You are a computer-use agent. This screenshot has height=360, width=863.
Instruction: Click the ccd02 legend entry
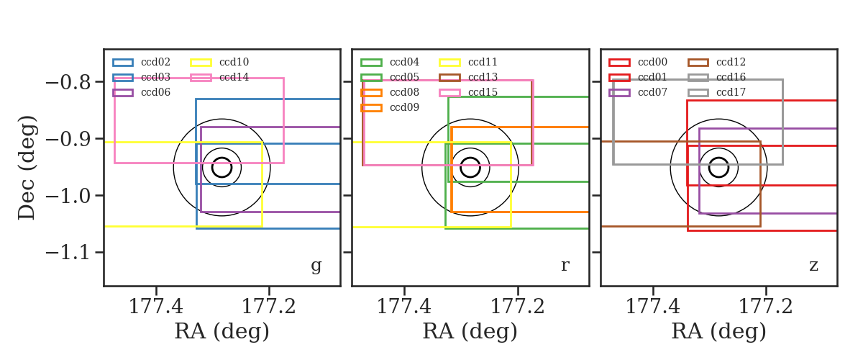(142, 62)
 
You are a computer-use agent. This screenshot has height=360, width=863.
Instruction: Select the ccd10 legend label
(234, 62)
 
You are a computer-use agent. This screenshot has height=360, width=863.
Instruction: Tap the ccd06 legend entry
(142, 92)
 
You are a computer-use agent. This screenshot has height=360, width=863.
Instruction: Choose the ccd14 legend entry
(220, 77)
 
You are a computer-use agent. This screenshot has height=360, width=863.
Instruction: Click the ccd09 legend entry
(390, 107)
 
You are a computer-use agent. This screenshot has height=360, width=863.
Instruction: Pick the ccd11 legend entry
(468, 62)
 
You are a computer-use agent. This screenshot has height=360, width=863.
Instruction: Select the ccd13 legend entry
(468, 77)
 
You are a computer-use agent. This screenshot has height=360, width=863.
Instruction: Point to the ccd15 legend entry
(468, 92)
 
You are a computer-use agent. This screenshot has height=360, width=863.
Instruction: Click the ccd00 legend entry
(638, 62)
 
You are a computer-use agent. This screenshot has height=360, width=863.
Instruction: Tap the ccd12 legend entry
(716, 62)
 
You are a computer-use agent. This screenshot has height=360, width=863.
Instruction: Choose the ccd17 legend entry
(716, 92)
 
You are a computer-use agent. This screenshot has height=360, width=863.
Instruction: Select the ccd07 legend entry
(638, 92)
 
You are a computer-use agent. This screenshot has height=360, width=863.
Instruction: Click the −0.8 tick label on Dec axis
(68, 82)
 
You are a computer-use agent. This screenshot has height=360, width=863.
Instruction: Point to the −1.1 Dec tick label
(68, 253)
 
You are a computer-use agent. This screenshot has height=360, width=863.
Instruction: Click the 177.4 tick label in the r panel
(404, 307)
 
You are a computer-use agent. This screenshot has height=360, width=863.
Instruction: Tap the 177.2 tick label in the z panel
(766, 307)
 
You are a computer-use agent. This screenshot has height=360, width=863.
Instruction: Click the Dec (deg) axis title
(27, 168)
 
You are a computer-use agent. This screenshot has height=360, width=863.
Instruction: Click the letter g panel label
(316, 266)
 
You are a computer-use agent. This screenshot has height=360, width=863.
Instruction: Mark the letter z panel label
(813, 266)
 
